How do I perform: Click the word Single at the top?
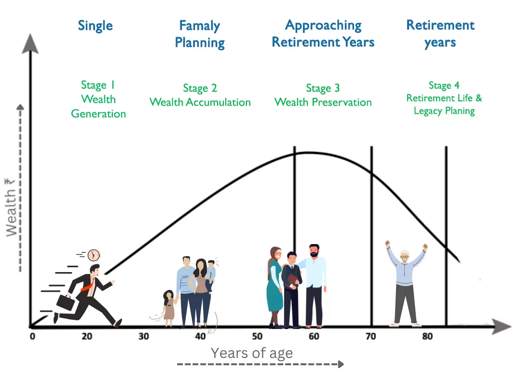(x=96, y=26)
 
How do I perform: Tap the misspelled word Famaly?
(x=200, y=26)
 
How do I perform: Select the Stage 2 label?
(x=200, y=88)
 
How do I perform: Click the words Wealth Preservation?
(x=323, y=102)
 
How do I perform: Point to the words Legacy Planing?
(x=444, y=111)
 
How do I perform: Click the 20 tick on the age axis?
(x=87, y=337)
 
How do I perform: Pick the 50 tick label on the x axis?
(x=257, y=337)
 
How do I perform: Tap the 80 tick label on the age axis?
(x=427, y=337)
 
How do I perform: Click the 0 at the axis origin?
(x=32, y=337)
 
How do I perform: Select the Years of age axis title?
(x=252, y=353)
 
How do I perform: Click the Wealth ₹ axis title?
(x=11, y=207)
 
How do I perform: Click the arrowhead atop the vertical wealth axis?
(x=30, y=44)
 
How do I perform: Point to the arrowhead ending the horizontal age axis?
(x=502, y=327)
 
